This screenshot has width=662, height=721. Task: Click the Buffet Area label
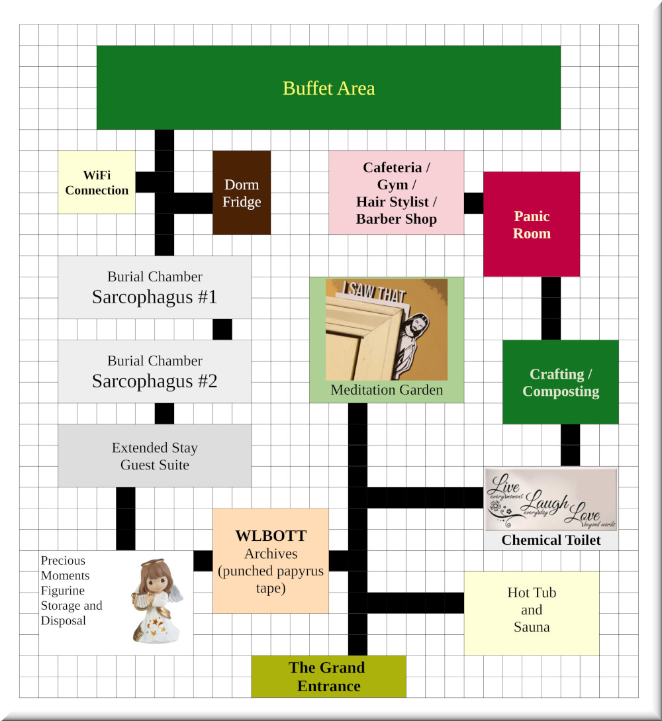pyautogui.click(x=328, y=88)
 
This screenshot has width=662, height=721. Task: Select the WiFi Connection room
pyautogui.click(x=97, y=182)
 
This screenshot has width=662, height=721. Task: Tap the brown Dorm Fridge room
pyautogui.click(x=242, y=193)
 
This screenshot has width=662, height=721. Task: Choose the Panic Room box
pyautogui.click(x=532, y=224)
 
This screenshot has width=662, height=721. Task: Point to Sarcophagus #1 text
pyautogui.click(x=154, y=297)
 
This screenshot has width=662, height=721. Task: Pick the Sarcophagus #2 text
pyautogui.click(x=154, y=381)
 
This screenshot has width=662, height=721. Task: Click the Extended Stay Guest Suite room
pyautogui.click(x=154, y=456)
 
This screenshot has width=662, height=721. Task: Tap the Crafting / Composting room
pyautogui.click(x=560, y=382)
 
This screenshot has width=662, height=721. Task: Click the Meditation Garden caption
pyautogui.click(x=387, y=390)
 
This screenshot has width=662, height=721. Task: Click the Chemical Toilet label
pyautogui.click(x=551, y=540)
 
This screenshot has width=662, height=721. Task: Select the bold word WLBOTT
pyautogui.click(x=271, y=536)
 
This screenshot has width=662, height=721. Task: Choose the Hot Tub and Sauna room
pyautogui.click(x=531, y=610)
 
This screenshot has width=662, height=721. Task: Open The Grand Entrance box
pyautogui.click(x=328, y=677)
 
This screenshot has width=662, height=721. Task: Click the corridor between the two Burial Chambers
pyautogui.click(x=222, y=329)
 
